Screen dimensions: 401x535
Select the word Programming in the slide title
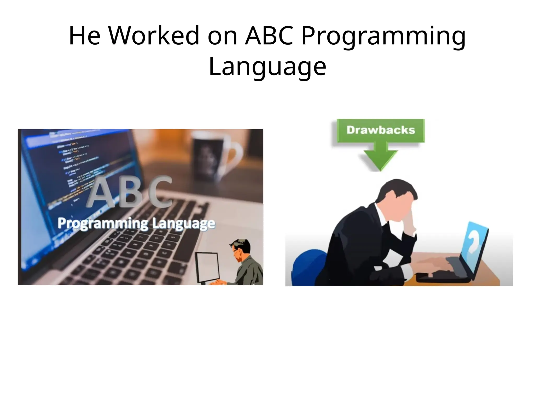(383, 37)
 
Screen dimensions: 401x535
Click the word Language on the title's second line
(267, 67)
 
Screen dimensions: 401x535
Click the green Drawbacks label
(381, 130)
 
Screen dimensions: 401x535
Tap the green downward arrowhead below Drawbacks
(381, 159)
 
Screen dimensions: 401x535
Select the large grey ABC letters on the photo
(129, 192)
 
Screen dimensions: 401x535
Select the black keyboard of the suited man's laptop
(441, 275)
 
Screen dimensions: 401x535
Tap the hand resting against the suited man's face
(413, 222)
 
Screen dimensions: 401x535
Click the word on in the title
(222, 37)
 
